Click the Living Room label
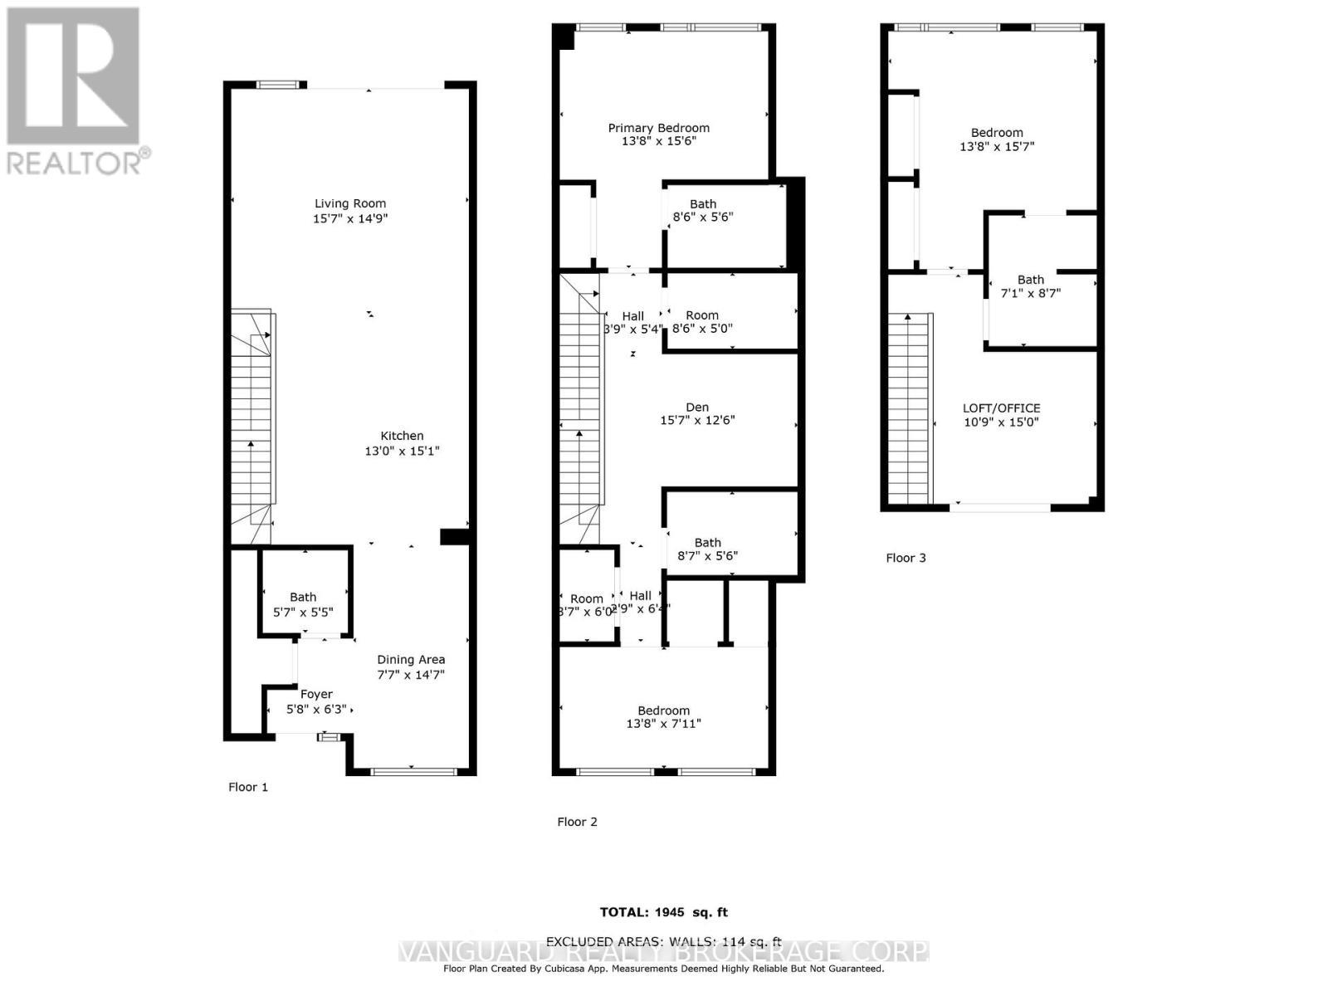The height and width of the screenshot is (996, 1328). click(349, 203)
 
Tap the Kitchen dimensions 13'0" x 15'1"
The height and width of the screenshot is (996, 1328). click(402, 452)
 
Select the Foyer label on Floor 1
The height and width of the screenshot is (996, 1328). click(316, 694)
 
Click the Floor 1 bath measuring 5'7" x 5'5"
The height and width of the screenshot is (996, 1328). click(303, 604)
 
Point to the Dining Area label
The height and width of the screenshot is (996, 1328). click(411, 660)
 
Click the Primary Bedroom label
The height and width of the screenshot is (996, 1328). click(658, 128)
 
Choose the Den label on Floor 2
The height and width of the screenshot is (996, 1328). click(697, 407)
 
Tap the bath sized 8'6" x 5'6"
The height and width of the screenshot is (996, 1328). click(702, 211)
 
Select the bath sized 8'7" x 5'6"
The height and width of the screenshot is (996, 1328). click(707, 549)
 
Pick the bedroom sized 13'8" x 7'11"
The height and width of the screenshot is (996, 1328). click(663, 717)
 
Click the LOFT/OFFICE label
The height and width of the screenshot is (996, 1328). click(1001, 408)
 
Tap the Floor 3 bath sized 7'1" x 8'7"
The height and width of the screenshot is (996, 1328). click(1031, 286)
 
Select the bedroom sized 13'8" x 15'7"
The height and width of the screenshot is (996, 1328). click(997, 139)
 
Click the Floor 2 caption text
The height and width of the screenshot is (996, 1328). click(577, 822)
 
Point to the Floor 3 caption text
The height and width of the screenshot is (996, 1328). click(906, 558)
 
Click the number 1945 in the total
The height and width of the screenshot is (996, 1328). click(669, 912)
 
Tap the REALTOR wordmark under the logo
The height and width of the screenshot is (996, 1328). click(75, 162)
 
